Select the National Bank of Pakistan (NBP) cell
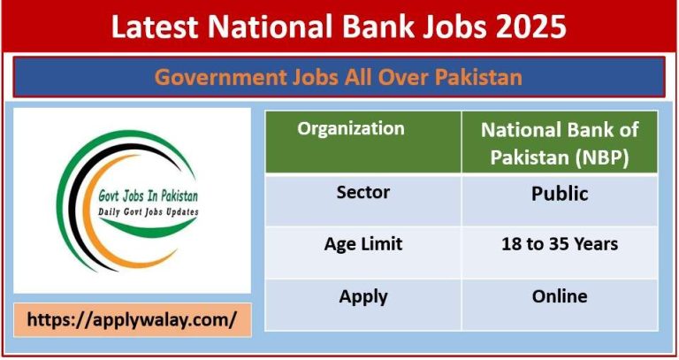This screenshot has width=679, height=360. pos(560,142)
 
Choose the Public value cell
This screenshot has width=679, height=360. pos(560,193)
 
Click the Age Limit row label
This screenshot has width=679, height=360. pos(362,244)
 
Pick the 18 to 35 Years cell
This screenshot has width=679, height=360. pos(560,244)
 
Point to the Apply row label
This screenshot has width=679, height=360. pos(362,297)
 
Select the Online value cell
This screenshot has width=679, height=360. pos(560,297)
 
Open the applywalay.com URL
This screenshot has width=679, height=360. pos(133,320)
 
